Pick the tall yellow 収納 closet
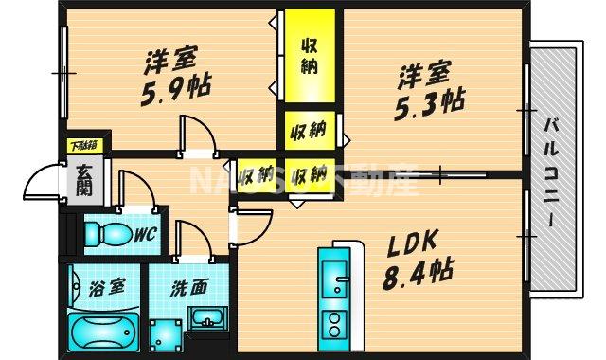click(309, 58)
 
